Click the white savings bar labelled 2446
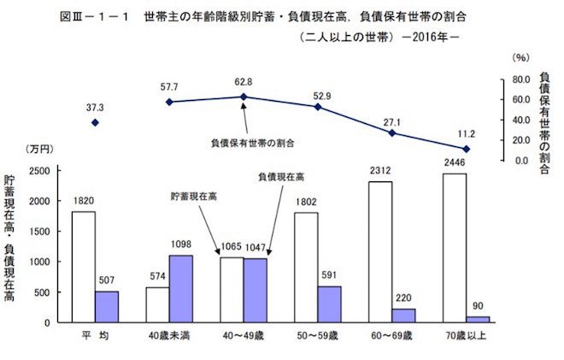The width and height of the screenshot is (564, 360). point(454,247)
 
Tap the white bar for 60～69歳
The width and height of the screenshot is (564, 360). point(380,251)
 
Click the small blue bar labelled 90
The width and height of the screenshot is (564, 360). point(478,319)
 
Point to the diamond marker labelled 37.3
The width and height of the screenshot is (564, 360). point(95,123)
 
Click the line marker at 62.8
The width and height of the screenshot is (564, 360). point(244,97)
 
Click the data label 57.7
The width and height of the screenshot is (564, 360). point(169,86)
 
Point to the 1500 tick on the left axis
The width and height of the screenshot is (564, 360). point(40,232)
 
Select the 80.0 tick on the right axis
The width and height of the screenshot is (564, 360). point(522,80)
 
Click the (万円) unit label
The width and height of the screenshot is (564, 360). point(39,150)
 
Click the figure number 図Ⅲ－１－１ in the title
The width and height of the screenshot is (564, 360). point(102,15)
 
